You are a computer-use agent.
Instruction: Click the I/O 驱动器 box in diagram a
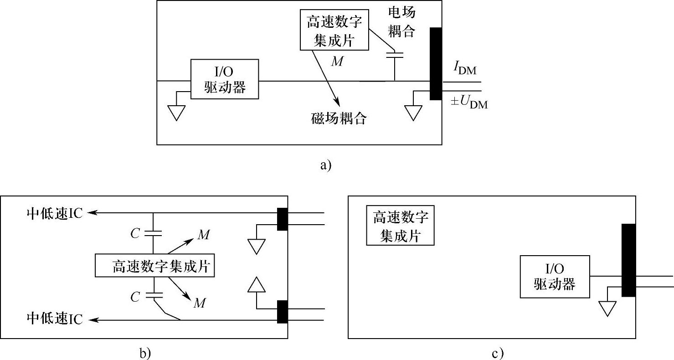225,79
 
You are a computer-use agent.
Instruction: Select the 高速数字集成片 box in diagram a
334,30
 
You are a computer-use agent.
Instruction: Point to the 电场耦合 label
401,21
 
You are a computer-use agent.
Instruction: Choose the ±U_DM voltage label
469,103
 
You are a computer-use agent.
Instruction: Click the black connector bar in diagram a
436,64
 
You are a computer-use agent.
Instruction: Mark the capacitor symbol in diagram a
395,56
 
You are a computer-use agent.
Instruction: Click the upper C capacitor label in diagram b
135,233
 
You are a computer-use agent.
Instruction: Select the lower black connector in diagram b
283,312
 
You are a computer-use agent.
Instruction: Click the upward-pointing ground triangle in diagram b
257,285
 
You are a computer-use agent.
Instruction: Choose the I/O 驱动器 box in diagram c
554,277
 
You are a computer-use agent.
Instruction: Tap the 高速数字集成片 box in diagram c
400,226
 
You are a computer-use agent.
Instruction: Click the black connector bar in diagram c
628,260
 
